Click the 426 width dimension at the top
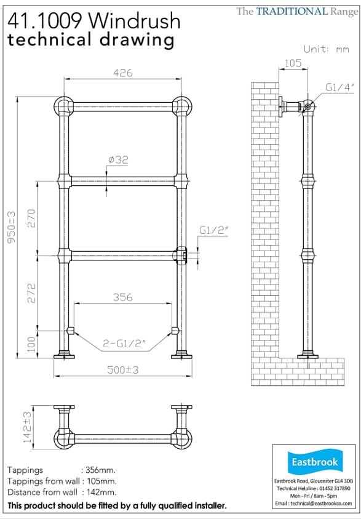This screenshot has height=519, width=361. click(123, 73)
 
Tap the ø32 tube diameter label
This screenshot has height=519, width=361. click(118, 160)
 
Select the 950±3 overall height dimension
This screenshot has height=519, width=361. click(11, 227)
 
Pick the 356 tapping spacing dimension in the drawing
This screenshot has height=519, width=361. click(122, 297)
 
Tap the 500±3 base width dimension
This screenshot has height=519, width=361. click(122, 369)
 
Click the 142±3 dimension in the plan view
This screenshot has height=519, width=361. click(10, 427)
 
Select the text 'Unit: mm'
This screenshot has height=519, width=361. click(326, 49)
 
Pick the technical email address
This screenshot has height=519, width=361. click(314, 502)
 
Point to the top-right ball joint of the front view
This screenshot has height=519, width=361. click(181, 105)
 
